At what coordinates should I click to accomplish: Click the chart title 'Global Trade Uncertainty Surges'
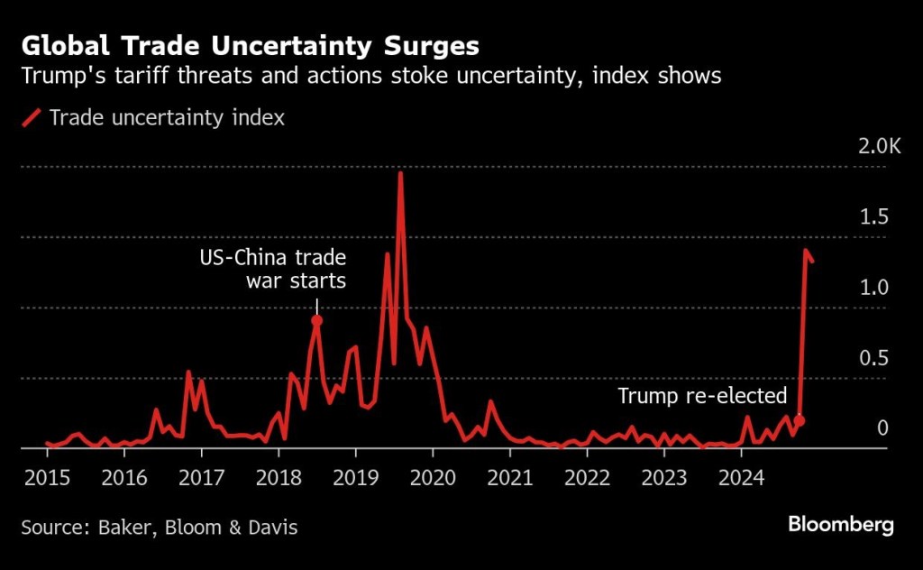(x=251, y=46)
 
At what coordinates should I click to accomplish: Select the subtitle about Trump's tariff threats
(x=371, y=76)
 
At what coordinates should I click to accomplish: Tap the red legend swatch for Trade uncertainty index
(x=33, y=118)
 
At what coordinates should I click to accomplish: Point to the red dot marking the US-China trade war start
(x=316, y=320)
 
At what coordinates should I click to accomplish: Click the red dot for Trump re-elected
(x=799, y=421)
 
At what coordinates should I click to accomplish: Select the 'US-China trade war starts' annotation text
(x=272, y=269)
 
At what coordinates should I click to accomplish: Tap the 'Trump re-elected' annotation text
(x=702, y=396)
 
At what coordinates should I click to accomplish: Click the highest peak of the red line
(x=400, y=173)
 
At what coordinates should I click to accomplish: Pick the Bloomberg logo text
(x=840, y=525)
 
